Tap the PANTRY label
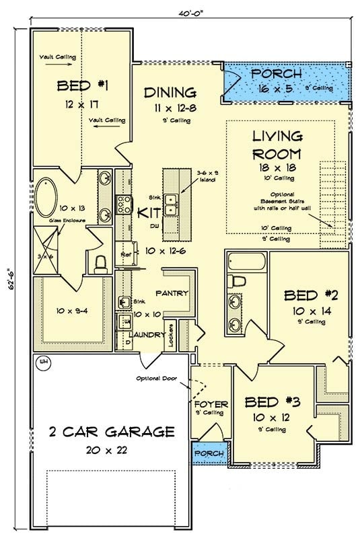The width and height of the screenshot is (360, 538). [172, 293]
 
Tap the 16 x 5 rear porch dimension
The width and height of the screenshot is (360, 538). [276, 88]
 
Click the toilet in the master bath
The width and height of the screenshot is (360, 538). [100, 261]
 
